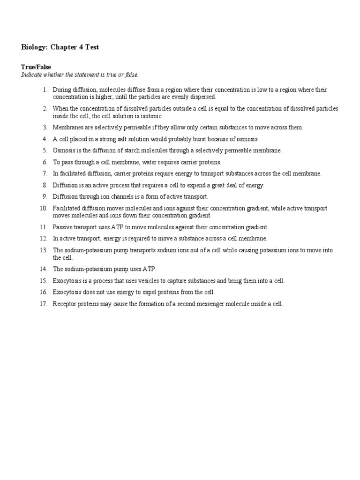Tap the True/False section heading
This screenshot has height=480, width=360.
coord(36,67)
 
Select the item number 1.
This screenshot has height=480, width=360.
coord(45,90)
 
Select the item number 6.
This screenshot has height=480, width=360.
coord(45,162)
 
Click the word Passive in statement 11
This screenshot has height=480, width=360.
coord(62,227)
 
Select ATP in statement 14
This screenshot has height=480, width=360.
coord(148,269)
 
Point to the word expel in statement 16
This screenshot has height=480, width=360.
coord(150,292)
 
